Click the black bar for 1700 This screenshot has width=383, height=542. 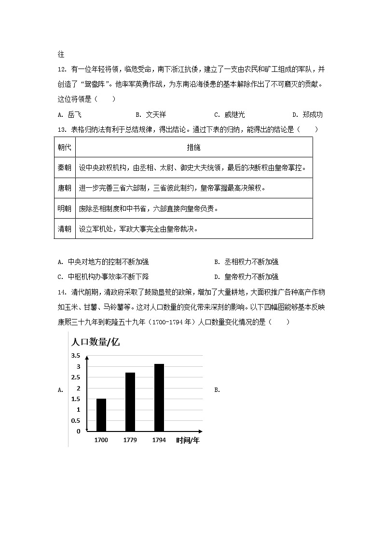coord(101,415)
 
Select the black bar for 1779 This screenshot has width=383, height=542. coord(130,402)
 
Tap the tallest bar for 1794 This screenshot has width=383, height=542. coord(159,397)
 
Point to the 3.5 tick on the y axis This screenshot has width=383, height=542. coord(76,356)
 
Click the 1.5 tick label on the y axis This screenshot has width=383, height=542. coord(76,399)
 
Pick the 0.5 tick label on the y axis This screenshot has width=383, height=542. coord(76,420)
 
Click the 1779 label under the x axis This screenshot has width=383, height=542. coord(130,440)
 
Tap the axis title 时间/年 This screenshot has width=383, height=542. coord(188,440)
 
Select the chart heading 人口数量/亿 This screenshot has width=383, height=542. coord(95,342)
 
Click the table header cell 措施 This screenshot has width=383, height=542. coord(193,147)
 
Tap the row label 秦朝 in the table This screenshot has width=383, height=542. coord(65,167)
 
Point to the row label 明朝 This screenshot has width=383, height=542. coord(65,208)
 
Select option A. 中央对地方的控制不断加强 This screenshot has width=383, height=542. coord(103,262)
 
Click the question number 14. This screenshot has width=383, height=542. coord(61,292)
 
